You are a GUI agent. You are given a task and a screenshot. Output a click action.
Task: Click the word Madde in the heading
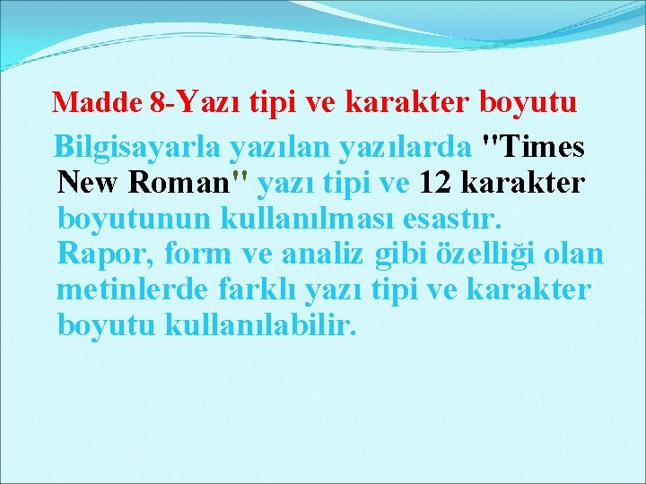(x=97, y=103)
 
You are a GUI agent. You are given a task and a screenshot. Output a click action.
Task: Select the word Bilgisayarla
(x=135, y=145)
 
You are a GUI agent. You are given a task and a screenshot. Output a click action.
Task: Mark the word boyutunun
(x=134, y=219)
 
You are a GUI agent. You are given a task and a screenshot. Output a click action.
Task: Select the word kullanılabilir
(x=261, y=325)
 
